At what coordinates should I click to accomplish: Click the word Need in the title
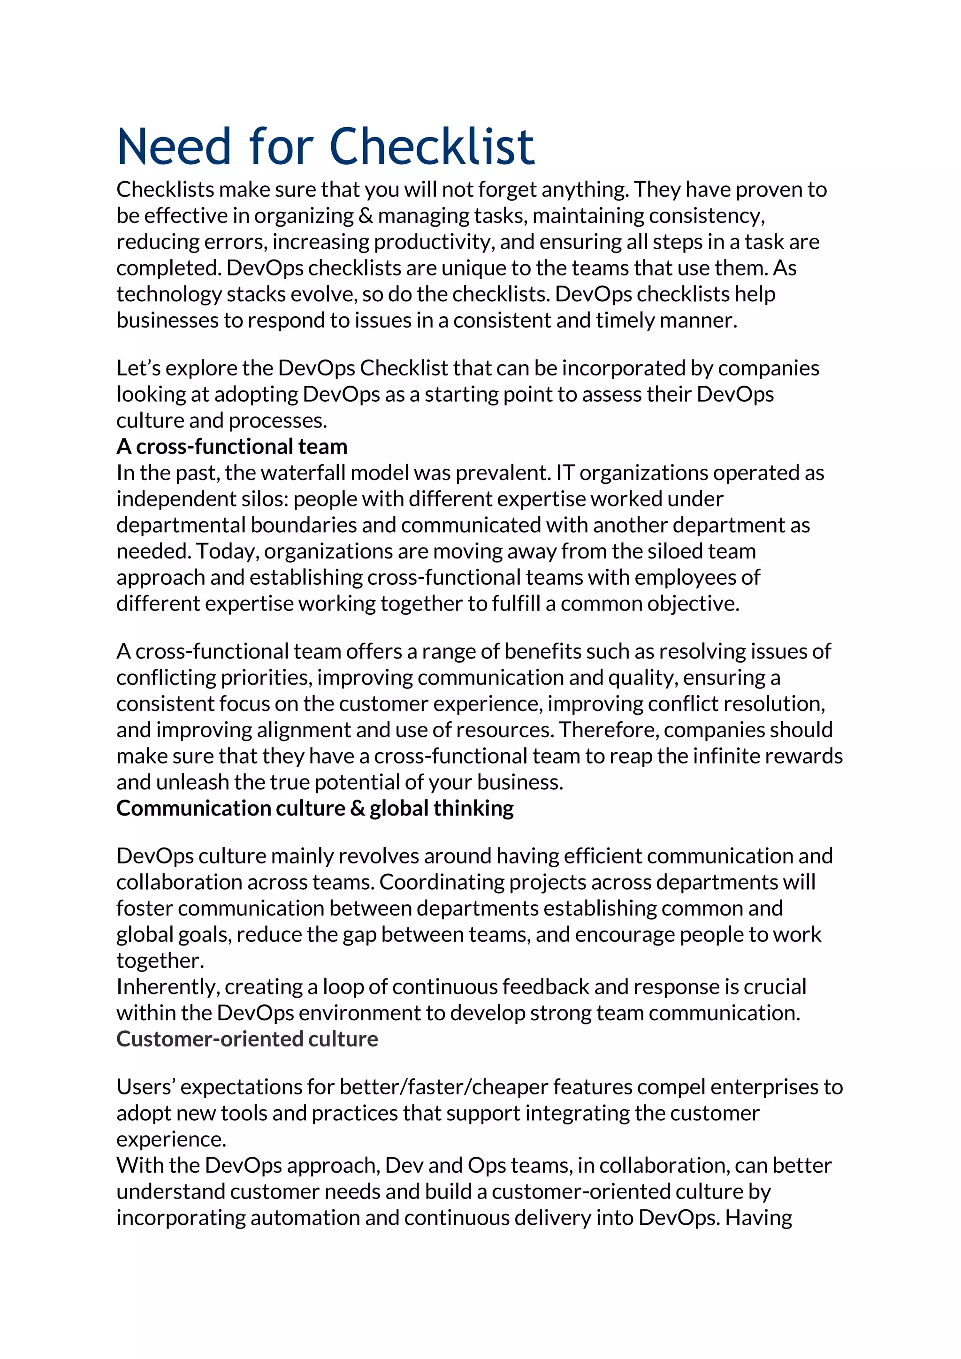click(173, 146)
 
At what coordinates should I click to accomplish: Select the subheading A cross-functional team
click(231, 446)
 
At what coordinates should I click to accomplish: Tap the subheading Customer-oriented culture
click(247, 1039)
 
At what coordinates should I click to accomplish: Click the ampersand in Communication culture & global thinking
click(358, 808)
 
